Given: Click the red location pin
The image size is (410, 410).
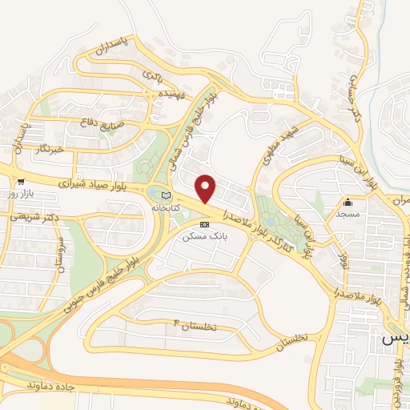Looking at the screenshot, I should click(x=206, y=189).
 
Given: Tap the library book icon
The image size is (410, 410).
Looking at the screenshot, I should click(x=166, y=195).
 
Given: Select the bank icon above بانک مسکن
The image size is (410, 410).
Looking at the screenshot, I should click(x=204, y=224).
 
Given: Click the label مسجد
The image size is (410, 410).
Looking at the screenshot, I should click(x=348, y=215).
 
